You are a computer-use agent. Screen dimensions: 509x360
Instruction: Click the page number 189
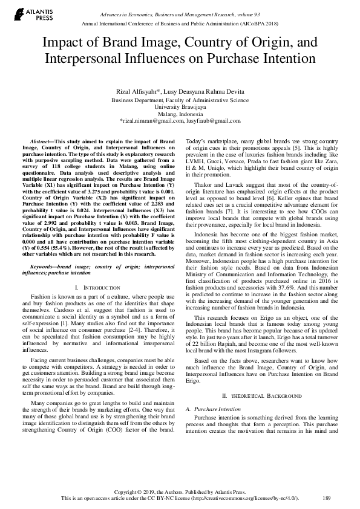(327, 498)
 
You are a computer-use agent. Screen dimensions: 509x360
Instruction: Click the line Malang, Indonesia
(180, 114)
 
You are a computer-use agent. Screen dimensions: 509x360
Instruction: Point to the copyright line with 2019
(180, 491)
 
